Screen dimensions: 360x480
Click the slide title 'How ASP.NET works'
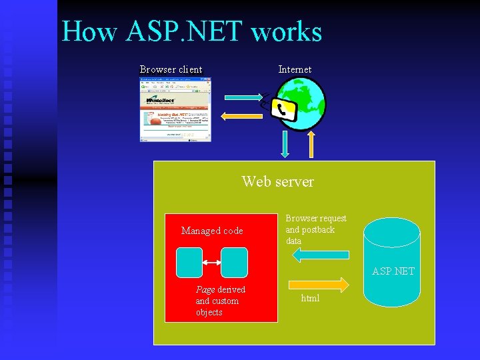pos(192,31)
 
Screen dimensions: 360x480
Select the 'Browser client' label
pos(171,69)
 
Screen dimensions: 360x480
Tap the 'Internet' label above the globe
pos(295,69)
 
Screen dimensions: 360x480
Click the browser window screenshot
pos(175,109)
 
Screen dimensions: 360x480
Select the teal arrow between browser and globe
pos(243,97)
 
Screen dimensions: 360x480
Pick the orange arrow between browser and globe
pos(243,117)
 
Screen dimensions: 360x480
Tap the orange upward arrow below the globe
pos(311,144)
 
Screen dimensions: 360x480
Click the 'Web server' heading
pos(277,181)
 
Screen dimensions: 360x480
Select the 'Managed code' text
pos(212,231)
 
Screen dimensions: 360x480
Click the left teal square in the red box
pos(189,263)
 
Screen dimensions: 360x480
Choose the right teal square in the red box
pos(234,263)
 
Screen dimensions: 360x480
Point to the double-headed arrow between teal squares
pos(211,263)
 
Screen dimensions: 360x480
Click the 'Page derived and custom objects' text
pos(220,301)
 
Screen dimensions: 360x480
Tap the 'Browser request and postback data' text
pos(316,229)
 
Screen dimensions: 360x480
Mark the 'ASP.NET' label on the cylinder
pos(393,271)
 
